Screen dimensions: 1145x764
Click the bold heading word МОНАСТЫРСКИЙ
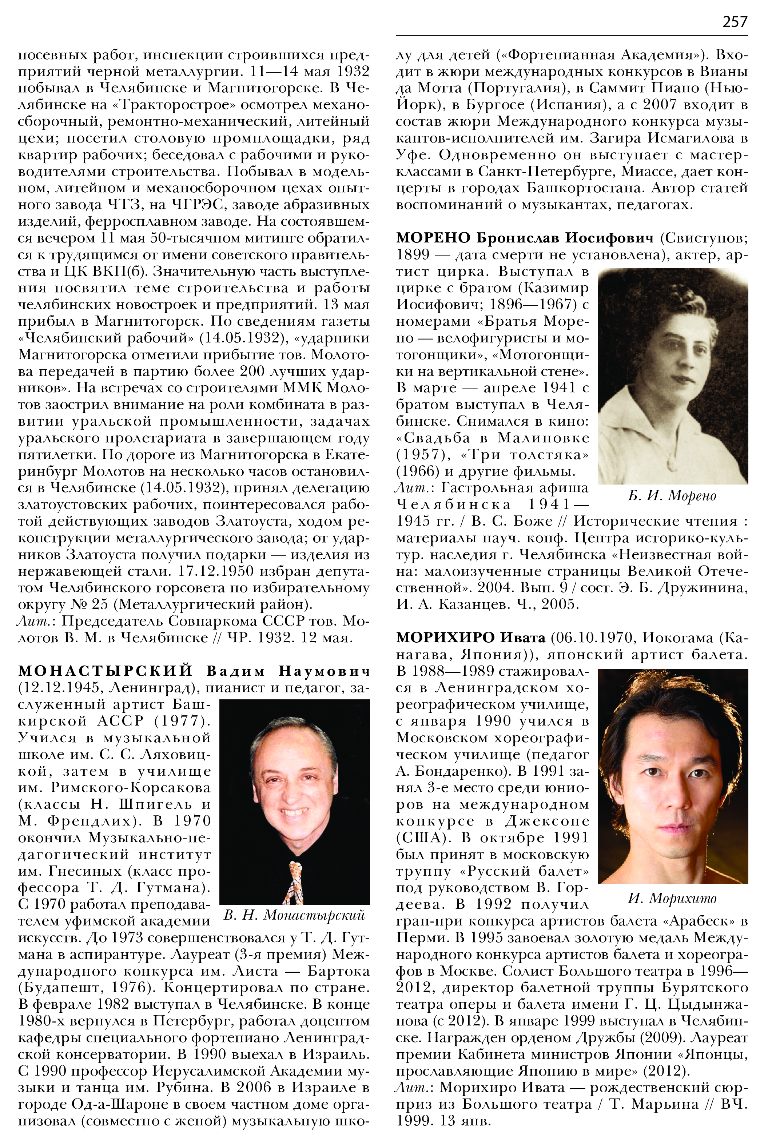[106, 671]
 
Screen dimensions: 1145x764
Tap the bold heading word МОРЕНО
[433, 238]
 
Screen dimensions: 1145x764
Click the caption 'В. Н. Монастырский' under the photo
[294, 916]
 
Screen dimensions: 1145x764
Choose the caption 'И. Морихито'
[672, 898]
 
